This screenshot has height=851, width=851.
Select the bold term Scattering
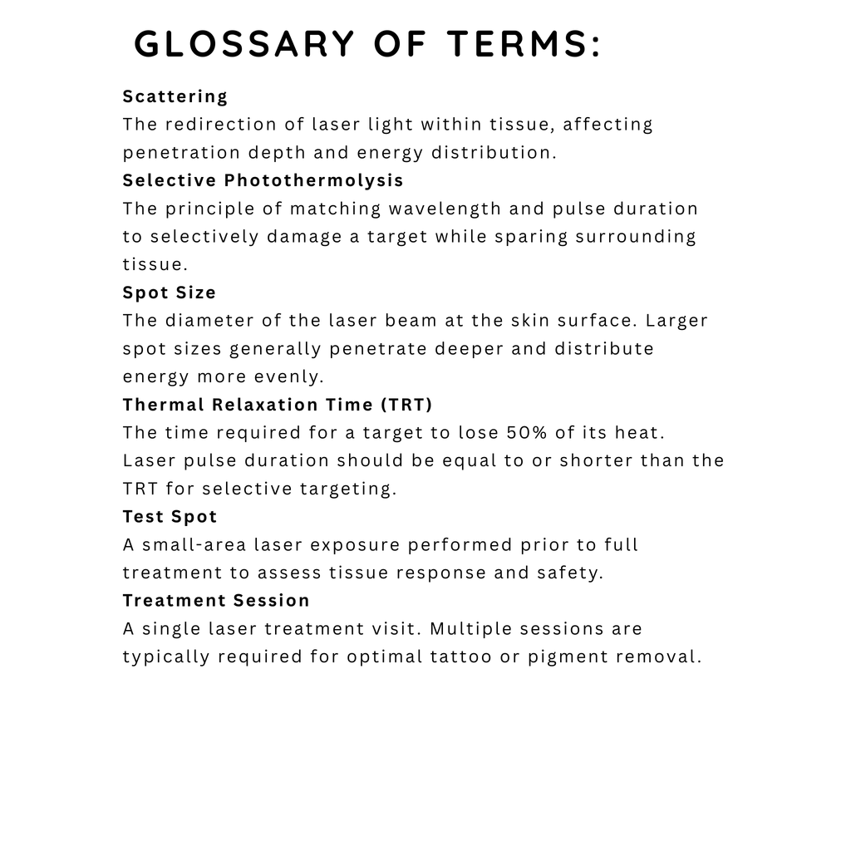coord(175,96)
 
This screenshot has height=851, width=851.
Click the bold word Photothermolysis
coord(314,180)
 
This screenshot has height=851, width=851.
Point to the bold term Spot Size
coord(170,293)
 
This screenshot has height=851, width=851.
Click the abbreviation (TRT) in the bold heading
coord(406,405)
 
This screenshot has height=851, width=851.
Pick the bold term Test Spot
coord(170,517)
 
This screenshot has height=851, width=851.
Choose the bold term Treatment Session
coord(216,600)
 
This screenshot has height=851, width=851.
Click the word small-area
coord(194,545)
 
